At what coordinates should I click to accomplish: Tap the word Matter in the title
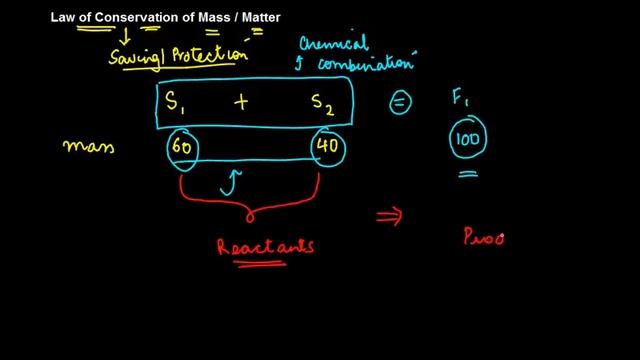[257, 16]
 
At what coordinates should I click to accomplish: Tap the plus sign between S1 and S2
[241, 102]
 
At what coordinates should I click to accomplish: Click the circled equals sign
[398, 103]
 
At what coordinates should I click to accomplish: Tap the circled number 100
[468, 141]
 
